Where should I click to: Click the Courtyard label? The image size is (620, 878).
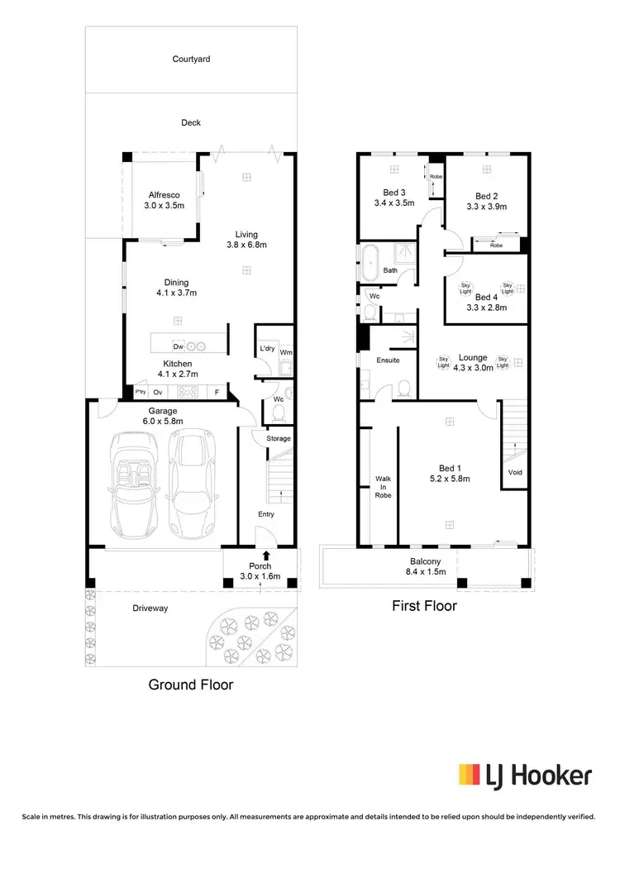tap(190, 59)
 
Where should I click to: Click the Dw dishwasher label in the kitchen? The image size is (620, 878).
tap(178, 346)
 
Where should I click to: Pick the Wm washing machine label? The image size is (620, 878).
tap(285, 353)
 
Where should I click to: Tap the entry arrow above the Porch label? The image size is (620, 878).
tap(266, 556)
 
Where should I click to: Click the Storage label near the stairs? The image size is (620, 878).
tap(279, 438)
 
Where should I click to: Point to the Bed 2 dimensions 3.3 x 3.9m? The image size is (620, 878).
tap(486, 207)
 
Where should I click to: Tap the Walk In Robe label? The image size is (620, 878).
tap(384, 486)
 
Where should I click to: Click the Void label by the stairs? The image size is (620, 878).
tap(515, 473)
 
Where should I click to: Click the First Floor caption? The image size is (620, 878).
tap(424, 606)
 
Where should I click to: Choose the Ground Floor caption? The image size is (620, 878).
tap(190, 685)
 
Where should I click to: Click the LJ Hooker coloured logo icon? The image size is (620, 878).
tap(470, 775)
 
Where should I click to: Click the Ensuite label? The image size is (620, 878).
tap(388, 360)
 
